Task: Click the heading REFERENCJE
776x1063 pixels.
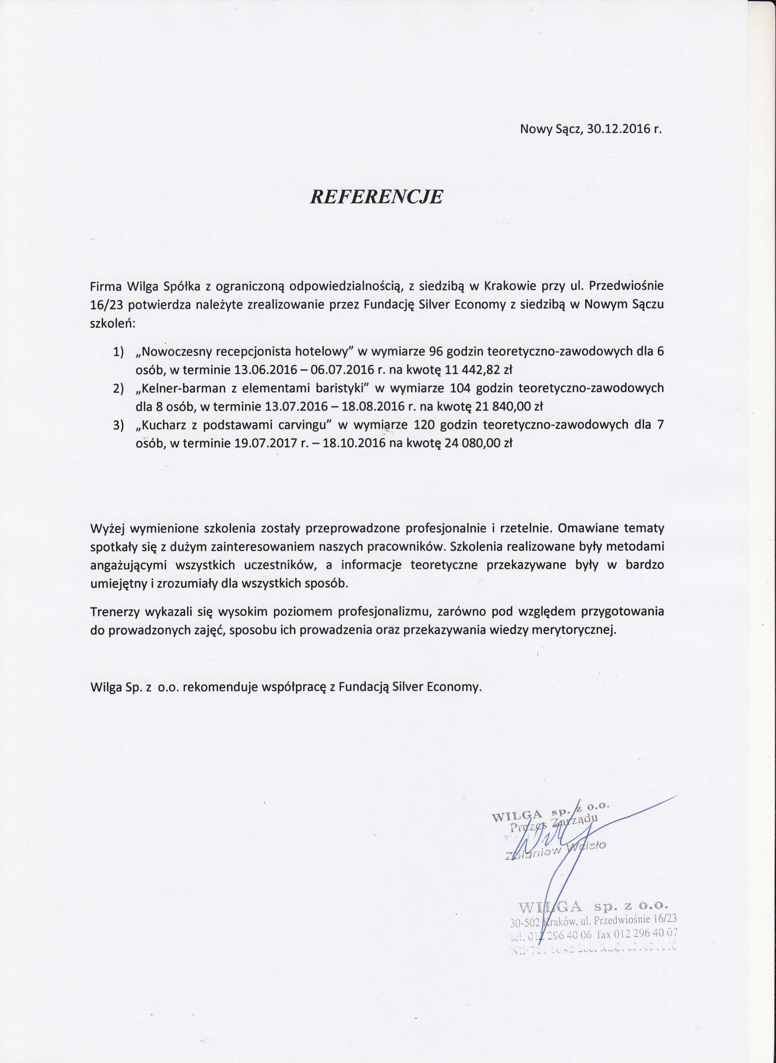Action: pyautogui.click(x=376, y=197)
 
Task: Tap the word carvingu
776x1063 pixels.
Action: pyautogui.click(x=298, y=425)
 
